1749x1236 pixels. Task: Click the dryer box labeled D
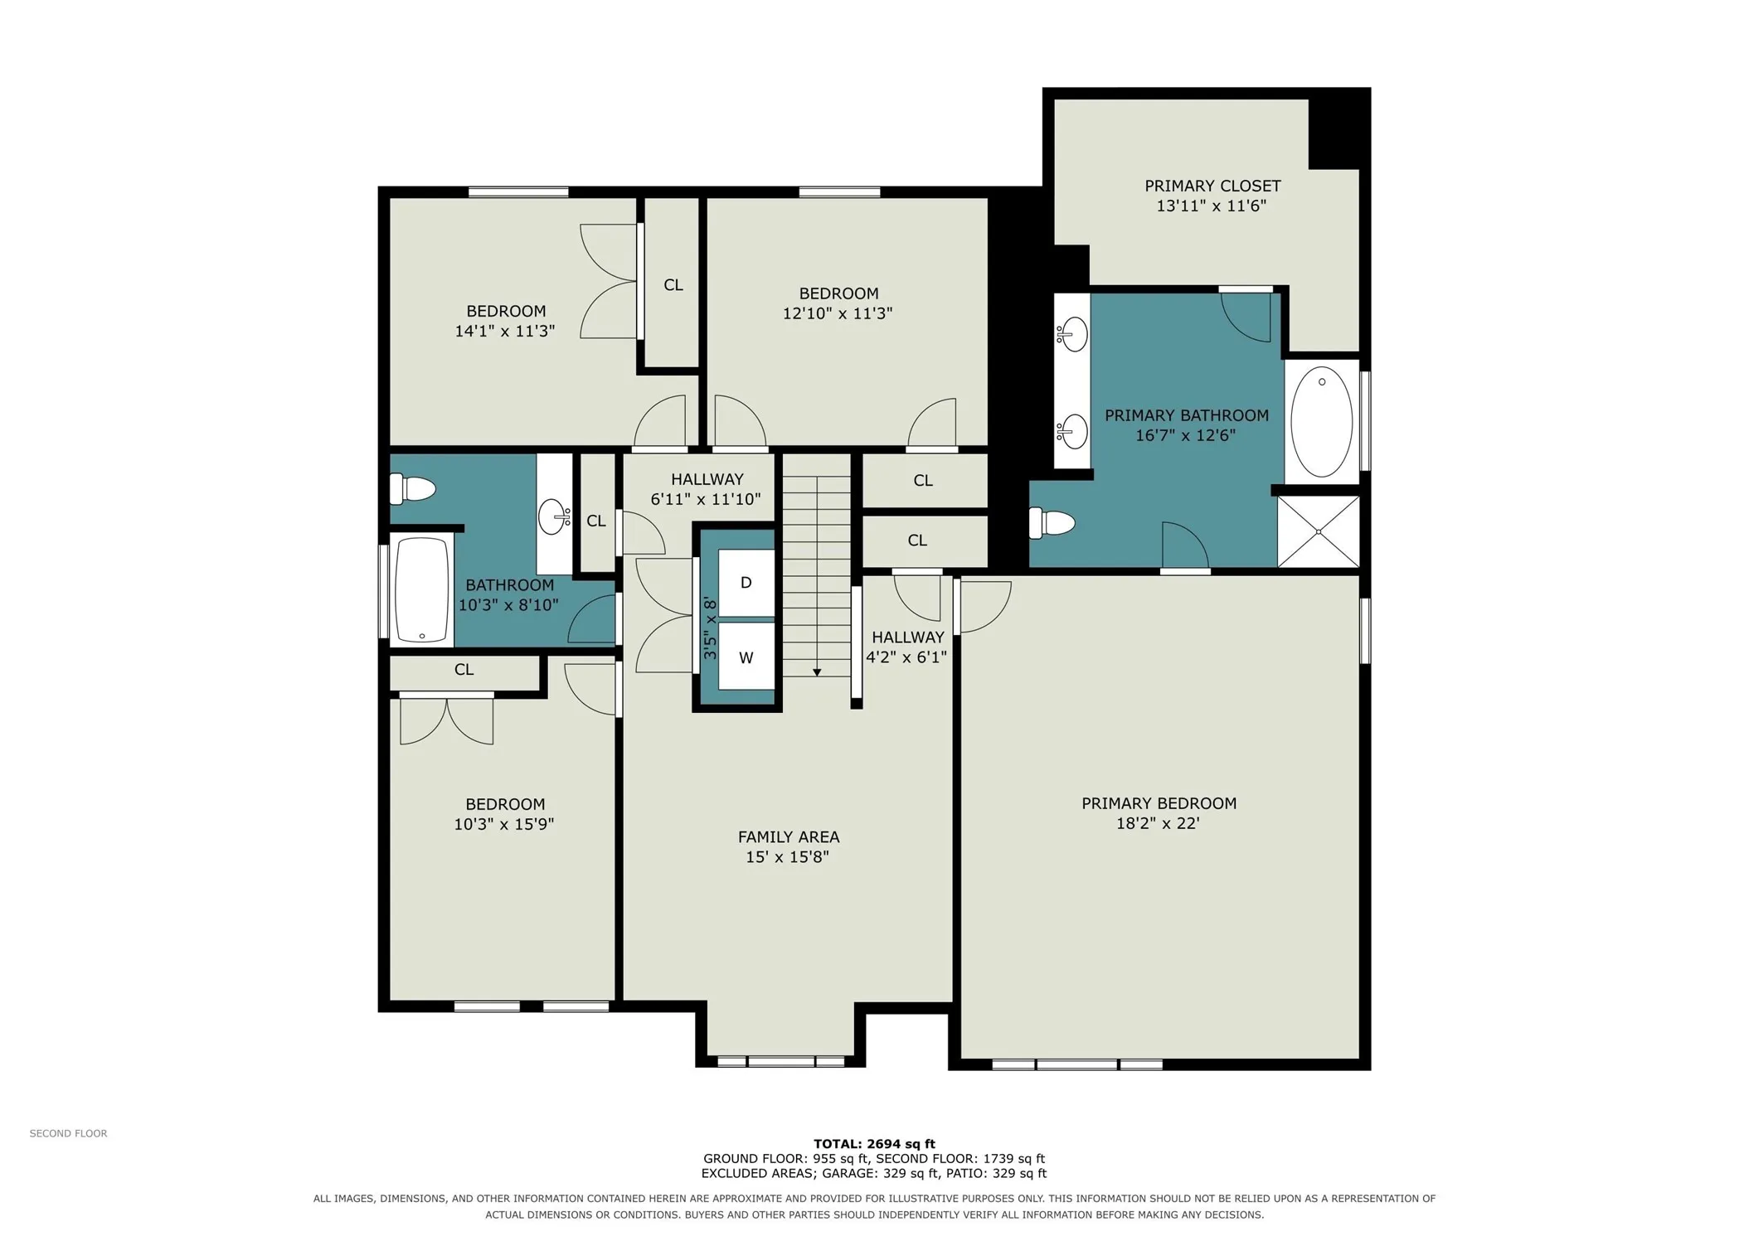[x=745, y=582]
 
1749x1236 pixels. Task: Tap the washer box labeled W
[x=745, y=657]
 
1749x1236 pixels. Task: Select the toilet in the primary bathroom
[x=1051, y=522]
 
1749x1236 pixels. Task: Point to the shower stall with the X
[x=1318, y=531]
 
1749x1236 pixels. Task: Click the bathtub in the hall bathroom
[x=422, y=589]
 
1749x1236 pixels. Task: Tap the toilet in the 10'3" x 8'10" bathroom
[x=412, y=488]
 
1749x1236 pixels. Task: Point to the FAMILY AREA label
[x=788, y=837]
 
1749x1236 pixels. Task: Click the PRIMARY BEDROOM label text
[x=1158, y=803]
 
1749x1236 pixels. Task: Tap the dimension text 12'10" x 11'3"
[x=837, y=313]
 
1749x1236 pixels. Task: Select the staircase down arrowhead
[x=816, y=672]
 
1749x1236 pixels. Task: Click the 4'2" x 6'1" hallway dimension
[x=906, y=657]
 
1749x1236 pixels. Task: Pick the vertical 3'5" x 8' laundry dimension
[x=710, y=628]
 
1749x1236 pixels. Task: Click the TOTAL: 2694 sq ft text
[x=873, y=1144]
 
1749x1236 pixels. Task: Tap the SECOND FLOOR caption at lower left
[x=68, y=1133]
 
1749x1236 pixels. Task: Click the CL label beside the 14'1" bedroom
[x=673, y=285]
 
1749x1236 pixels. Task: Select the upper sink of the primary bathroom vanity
[x=1072, y=334]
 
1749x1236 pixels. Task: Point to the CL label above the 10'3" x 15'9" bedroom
[x=464, y=669]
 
